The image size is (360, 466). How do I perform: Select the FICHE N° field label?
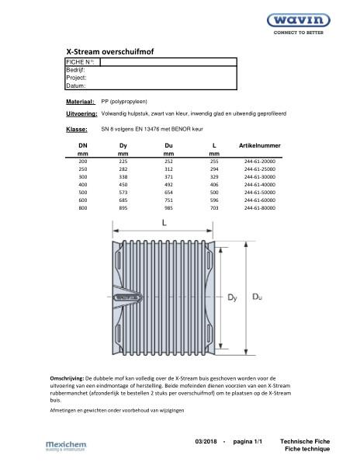coord(81,61)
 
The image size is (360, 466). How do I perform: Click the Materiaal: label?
coord(81,102)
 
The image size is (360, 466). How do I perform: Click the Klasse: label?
coord(77,130)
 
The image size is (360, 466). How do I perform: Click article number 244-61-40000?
coord(260,186)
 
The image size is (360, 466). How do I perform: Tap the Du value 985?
coord(168,208)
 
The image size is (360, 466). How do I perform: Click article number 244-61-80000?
coord(260,208)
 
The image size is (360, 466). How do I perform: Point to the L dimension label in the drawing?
coord(164,223)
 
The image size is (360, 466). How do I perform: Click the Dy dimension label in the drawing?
coord(232,296)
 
